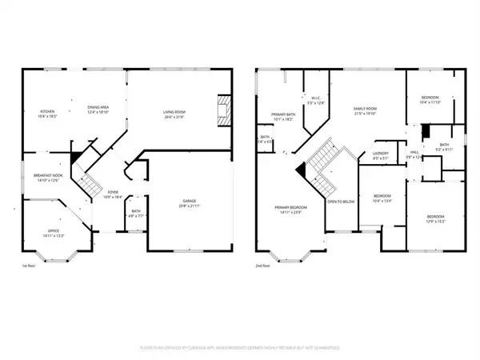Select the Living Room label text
174,114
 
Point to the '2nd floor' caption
265,266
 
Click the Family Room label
366,110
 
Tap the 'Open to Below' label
340,201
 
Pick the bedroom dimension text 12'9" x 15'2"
435,220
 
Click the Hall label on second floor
414,153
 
